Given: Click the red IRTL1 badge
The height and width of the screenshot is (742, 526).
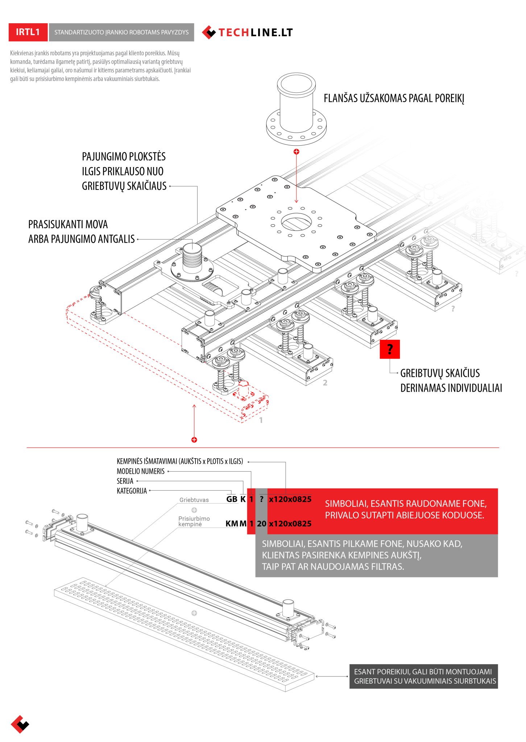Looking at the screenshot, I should pyautogui.click(x=28, y=32).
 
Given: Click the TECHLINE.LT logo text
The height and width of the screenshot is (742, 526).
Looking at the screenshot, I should pyautogui.click(x=255, y=33).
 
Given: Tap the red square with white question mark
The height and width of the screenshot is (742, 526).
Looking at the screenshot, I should pyautogui.click(x=390, y=349).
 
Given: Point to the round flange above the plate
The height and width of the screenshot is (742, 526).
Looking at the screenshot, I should pyautogui.click(x=296, y=109).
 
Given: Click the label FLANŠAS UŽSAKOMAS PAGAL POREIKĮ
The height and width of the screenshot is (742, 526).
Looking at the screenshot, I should pyautogui.click(x=394, y=99).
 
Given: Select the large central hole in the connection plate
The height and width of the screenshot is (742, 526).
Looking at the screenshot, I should pyautogui.click(x=296, y=222).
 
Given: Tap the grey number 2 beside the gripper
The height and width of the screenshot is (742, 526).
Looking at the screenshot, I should pyautogui.click(x=325, y=383).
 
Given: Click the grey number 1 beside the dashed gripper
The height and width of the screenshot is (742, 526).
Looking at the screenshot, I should pyautogui.click(x=261, y=420).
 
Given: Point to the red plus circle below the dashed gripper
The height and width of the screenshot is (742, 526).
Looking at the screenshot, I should pyautogui.click(x=194, y=440).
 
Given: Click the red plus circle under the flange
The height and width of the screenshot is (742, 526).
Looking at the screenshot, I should pyautogui.click(x=297, y=151).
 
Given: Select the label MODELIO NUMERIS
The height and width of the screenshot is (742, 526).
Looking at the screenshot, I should pyautogui.click(x=141, y=471).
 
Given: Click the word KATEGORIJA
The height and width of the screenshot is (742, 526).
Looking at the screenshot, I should pyautogui.click(x=132, y=491).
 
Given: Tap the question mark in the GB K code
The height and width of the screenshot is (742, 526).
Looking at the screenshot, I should pyautogui.click(x=261, y=499).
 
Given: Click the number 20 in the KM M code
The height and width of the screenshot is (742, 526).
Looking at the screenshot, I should pyautogui.click(x=261, y=524).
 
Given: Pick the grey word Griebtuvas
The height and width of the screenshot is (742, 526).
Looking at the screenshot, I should pyautogui.click(x=194, y=500).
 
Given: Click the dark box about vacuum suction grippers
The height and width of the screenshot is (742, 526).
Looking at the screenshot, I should pyautogui.click(x=423, y=676).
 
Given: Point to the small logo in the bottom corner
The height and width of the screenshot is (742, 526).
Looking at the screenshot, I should pyautogui.click(x=20, y=724).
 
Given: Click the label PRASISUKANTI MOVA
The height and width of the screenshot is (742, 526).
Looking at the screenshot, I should pyautogui.click(x=68, y=225).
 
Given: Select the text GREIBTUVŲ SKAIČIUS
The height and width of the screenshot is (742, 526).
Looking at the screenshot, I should pyautogui.click(x=440, y=373).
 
